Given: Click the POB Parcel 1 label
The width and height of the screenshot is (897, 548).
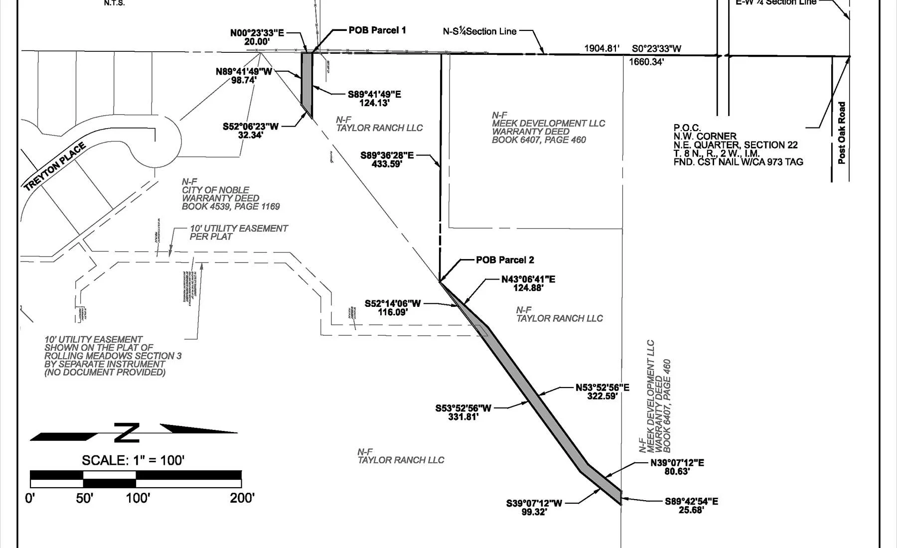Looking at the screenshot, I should point(377,30).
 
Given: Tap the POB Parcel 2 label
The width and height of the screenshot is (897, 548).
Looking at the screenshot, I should point(504,260).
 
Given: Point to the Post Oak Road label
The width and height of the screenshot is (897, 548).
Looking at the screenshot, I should point(842,133).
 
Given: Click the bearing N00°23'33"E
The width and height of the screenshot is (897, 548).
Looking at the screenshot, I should point(257,33).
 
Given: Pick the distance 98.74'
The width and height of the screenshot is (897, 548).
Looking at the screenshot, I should point(244,80).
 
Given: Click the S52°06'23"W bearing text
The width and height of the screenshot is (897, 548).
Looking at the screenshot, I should point(251,127).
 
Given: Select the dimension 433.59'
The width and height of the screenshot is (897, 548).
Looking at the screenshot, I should point(387,164).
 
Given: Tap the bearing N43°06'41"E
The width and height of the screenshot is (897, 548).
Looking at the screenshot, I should point(528,279).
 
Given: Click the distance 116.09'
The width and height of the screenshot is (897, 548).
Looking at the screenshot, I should point(393,312).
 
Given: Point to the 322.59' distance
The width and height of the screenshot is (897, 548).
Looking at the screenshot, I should point(602,397).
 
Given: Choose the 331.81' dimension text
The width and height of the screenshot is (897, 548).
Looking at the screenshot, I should point(463,417).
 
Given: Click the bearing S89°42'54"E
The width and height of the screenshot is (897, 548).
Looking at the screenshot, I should point(691,502).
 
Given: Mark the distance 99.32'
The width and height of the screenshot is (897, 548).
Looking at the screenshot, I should point(534,512).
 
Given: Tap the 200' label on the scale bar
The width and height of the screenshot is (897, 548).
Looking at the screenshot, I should point(242,498).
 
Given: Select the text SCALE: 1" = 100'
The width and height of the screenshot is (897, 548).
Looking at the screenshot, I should point(133,460).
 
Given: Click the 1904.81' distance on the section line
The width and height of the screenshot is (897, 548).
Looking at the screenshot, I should point(601,48).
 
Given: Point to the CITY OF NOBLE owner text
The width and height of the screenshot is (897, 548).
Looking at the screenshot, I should point(215,190).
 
